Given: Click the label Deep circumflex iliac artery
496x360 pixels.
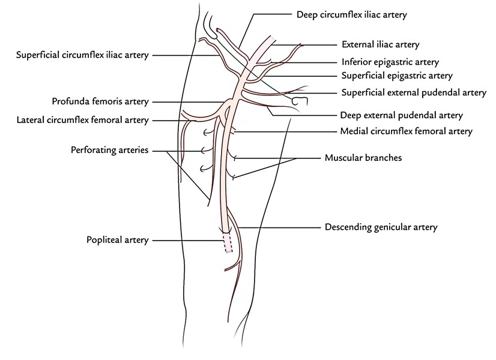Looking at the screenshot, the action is (351, 14).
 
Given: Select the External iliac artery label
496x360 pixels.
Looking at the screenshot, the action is (380, 44).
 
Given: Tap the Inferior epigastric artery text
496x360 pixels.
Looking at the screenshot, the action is (390, 62).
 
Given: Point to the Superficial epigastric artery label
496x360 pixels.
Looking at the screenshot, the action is (397, 76).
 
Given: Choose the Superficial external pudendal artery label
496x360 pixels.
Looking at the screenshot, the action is (414, 92).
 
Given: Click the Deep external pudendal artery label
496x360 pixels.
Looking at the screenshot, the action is (401, 115).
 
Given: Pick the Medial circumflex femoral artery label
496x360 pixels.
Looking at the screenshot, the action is (406, 131).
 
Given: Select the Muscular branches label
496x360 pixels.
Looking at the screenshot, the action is (363, 158).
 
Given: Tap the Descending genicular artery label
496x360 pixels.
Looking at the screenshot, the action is (381, 227).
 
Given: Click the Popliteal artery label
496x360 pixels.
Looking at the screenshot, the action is (117, 240).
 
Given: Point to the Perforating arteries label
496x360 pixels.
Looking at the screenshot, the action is (109, 150).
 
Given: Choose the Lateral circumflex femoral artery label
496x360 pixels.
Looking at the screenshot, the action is (82, 120).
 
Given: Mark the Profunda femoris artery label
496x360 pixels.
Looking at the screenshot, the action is (100, 102).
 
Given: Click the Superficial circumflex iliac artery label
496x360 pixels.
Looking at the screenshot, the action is (82, 55).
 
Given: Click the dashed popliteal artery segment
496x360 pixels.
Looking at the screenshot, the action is (227, 243).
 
